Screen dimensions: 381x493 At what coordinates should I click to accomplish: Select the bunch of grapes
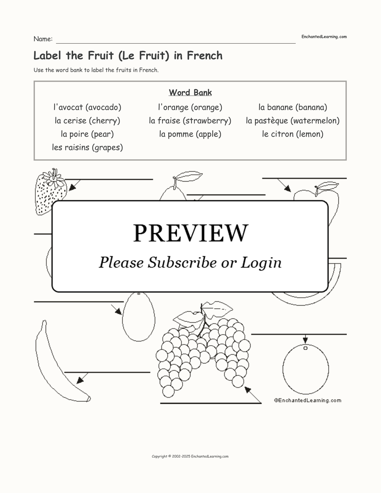tap(203, 350)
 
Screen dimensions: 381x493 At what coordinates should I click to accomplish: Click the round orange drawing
tap(306, 369)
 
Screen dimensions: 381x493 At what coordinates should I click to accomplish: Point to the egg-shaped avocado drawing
tap(139, 317)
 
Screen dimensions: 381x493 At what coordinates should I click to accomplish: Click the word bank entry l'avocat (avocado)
tap(87, 107)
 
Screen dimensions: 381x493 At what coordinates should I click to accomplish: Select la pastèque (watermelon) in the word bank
tap(293, 121)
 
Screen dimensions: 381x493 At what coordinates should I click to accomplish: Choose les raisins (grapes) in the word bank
tap(87, 148)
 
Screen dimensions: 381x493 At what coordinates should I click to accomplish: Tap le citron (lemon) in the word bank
tap(293, 134)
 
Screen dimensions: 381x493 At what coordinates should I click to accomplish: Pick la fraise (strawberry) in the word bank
tap(190, 121)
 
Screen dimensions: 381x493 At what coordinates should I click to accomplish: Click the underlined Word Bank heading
tap(190, 92)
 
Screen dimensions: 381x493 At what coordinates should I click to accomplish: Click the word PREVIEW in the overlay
tap(190, 233)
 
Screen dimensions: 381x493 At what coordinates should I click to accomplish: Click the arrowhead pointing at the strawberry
tap(72, 187)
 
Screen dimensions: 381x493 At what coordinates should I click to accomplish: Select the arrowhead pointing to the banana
tap(80, 380)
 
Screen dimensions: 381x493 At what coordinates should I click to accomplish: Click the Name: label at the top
tap(43, 39)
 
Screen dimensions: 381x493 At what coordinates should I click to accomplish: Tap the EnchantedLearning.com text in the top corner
tap(324, 37)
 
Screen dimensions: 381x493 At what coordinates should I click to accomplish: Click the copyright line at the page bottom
tap(190, 457)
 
